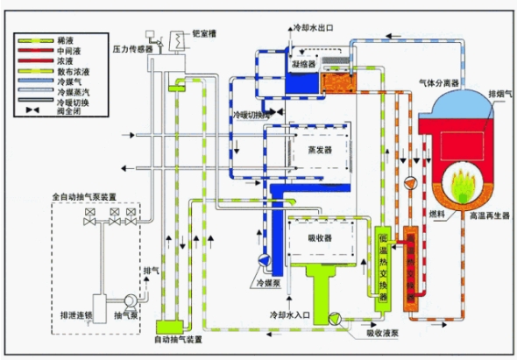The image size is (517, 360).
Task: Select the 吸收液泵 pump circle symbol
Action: [x=334, y=318]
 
